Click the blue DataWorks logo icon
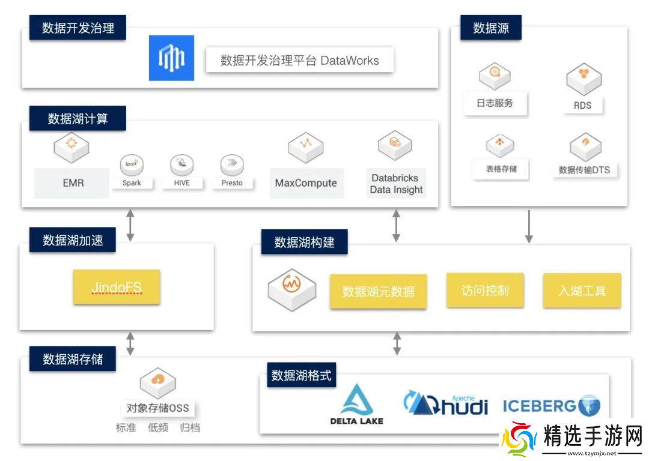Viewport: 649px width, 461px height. tap(171, 58)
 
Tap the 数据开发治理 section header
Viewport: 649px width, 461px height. tap(78, 28)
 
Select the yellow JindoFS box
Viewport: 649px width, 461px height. tap(117, 287)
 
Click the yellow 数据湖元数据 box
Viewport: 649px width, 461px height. tap(378, 292)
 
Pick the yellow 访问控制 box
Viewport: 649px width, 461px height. tap(485, 291)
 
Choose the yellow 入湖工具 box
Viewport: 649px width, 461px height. tap(582, 291)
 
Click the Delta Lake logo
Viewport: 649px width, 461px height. tap(356, 405)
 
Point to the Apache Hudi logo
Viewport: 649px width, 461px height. tap(445, 403)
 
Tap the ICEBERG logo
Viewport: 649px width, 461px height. tap(551, 406)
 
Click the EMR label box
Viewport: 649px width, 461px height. tap(72, 183)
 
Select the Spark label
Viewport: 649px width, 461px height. tap(132, 182)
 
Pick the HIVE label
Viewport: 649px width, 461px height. tap(181, 182)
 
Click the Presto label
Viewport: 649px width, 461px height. tap(231, 182)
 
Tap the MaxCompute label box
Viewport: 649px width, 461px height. tap(306, 183)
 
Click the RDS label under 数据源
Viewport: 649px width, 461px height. tap(582, 105)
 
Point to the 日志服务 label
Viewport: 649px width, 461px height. tap(495, 103)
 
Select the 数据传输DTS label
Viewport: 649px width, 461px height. tap(584, 170)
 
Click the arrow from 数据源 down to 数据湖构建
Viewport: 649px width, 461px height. tap(529, 226)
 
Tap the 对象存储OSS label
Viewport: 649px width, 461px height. tap(157, 408)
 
